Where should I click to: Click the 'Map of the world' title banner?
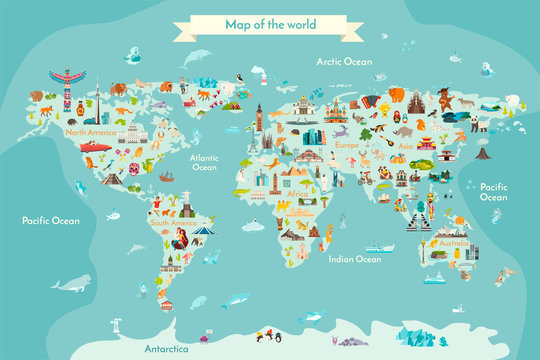(x=269, y=22)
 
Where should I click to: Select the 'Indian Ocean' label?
(x=355, y=259)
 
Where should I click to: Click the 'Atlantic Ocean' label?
(x=204, y=162)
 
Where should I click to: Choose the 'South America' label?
(x=172, y=223)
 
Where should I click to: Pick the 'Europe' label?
(x=346, y=145)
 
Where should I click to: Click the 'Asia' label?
(x=405, y=145)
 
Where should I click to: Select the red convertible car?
(x=96, y=147)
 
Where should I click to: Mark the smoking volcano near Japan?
(x=482, y=153)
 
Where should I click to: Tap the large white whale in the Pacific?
(x=70, y=284)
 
